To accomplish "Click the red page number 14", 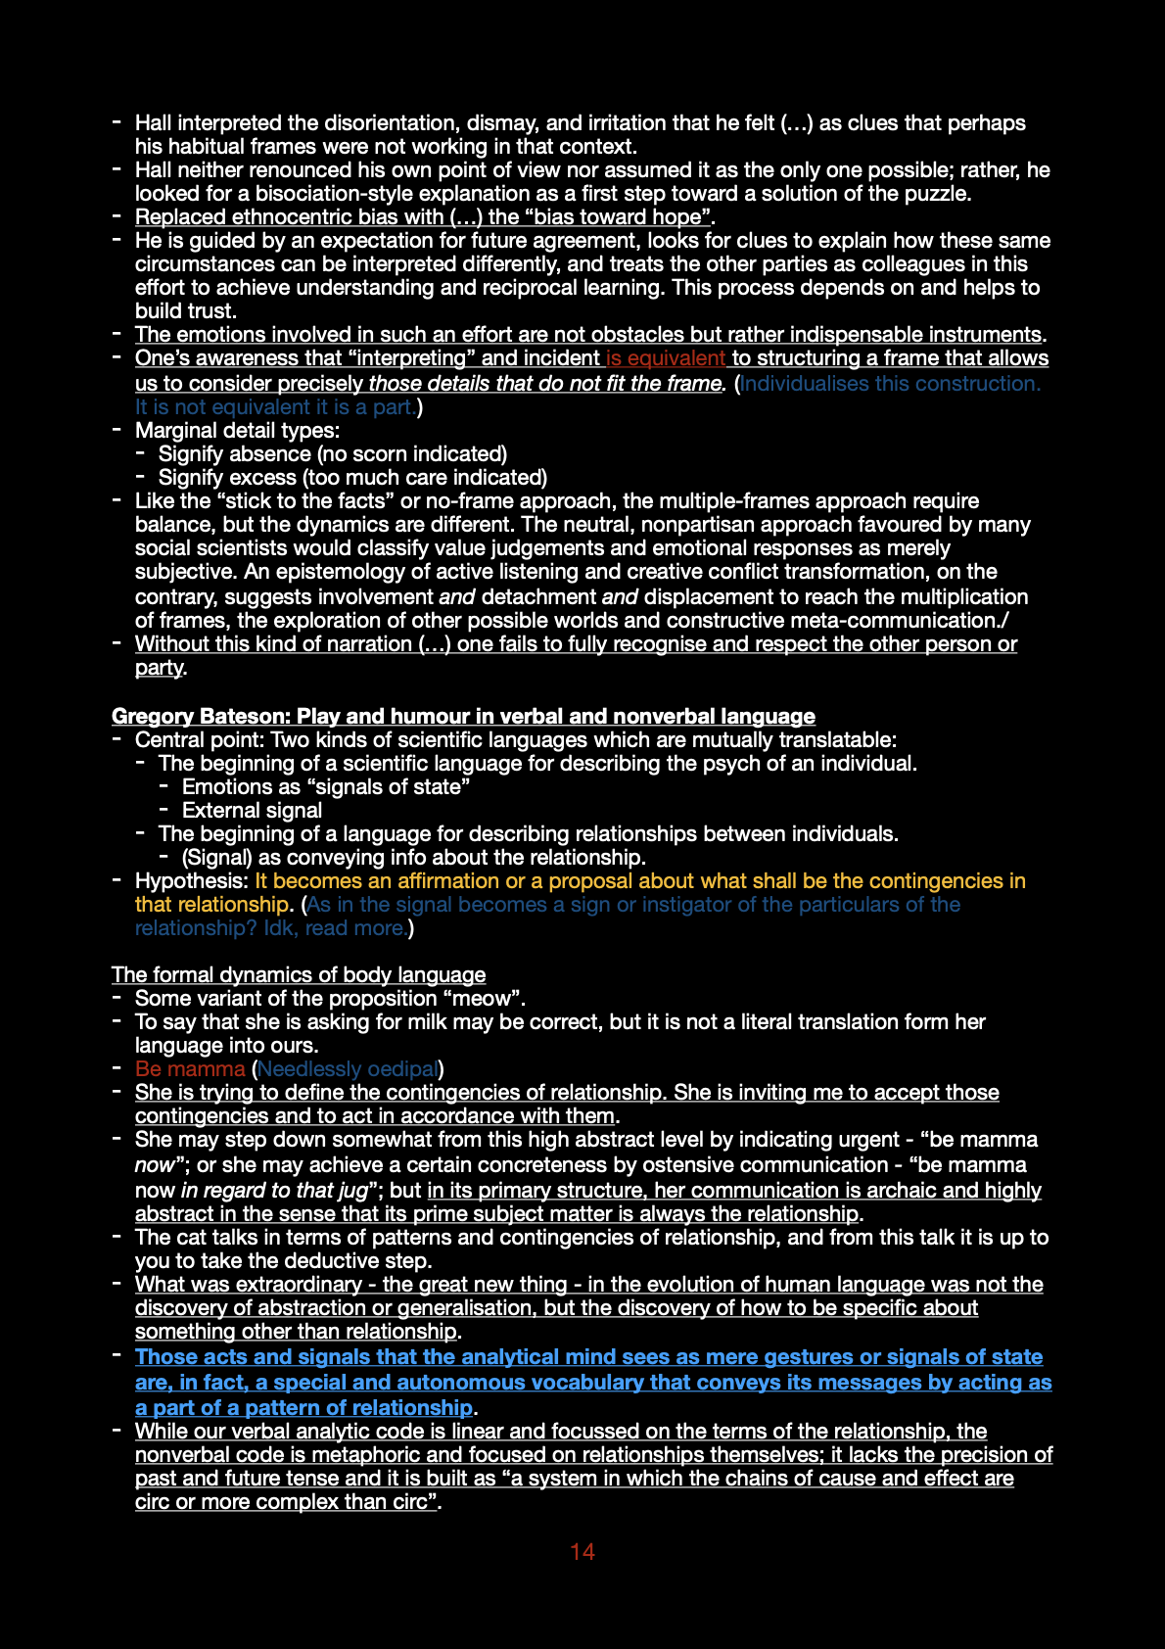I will pos(582,1552).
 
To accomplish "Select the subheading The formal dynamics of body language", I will pos(299,974).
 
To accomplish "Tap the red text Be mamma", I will pos(190,1068).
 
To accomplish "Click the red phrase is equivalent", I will pos(666,358).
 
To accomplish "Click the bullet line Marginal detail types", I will pos(237,430).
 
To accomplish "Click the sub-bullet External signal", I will pos(252,810).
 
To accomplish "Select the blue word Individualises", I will pos(804,383).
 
